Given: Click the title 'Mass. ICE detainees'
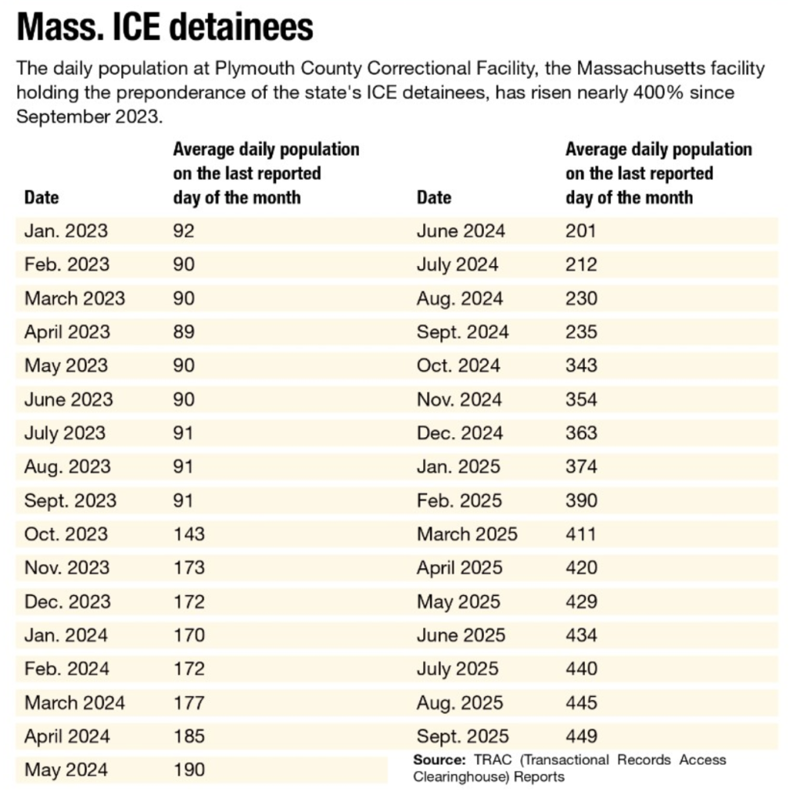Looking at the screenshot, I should point(165,28).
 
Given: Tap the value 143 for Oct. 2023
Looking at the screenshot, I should point(188,534).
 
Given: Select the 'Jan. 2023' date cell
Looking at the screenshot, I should point(66,231).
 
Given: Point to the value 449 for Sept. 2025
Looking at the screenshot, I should point(581,736).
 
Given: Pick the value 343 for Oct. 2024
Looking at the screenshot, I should point(581,365).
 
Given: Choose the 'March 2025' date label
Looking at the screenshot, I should point(467,534).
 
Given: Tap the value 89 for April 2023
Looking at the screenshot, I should point(184,332).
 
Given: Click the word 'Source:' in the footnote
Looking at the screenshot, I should point(440,760).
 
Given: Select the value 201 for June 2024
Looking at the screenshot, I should point(580,231).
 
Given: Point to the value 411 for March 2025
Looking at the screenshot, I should point(580,534).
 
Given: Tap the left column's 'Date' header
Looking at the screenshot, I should point(41,196).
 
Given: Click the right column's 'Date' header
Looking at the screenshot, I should point(434,196).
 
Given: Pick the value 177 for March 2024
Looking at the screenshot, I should point(188,702).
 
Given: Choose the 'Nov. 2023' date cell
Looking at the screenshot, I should point(67,568).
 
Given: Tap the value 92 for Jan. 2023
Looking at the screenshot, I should point(184,231).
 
